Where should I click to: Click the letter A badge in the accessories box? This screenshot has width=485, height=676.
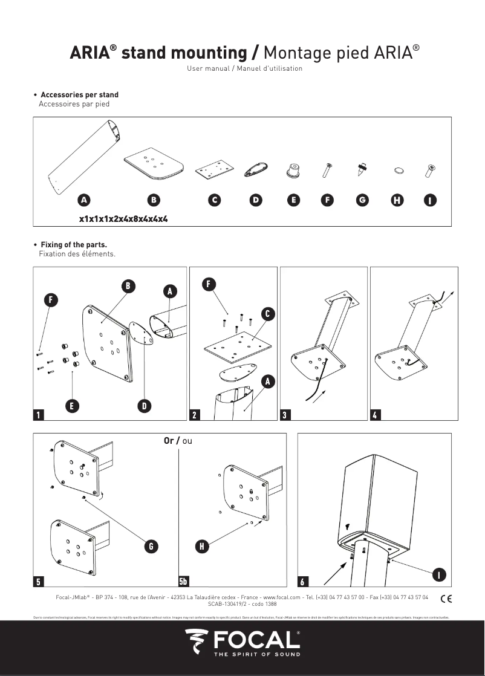[84, 200]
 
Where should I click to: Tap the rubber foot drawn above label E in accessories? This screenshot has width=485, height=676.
[294, 171]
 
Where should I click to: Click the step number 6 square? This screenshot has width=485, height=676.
[303, 582]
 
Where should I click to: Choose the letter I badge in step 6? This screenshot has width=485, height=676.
[440, 573]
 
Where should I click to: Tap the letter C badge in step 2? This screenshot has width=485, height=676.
[267, 313]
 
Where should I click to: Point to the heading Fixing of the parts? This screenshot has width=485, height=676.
[73, 245]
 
